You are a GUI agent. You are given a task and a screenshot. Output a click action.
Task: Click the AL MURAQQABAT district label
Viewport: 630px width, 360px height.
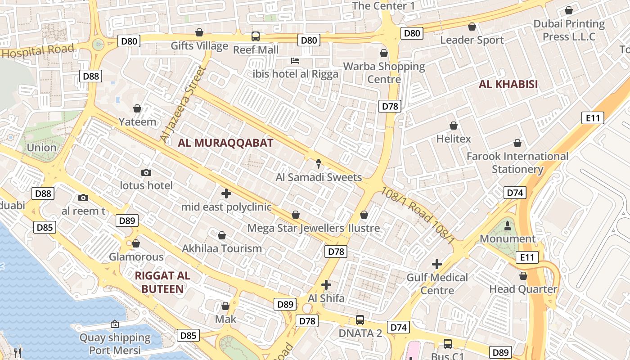225,143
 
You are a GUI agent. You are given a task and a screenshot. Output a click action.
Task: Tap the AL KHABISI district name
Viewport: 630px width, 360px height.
508,84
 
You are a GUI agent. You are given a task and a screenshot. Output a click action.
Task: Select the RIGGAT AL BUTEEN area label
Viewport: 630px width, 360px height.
162,283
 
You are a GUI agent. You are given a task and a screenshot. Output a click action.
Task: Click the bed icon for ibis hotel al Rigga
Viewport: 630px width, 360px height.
295,60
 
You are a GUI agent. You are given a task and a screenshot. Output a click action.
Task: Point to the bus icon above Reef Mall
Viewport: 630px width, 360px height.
256,36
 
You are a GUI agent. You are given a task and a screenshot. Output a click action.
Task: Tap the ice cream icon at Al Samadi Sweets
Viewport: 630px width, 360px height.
319,163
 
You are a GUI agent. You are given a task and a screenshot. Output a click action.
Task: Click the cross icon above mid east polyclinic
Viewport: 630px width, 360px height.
226,193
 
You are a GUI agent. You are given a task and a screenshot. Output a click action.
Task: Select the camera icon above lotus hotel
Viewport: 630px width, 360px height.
146,172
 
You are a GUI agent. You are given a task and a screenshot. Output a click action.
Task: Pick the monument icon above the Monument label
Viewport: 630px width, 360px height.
508,225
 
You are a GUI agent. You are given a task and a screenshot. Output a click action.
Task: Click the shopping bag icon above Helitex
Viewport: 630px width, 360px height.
454,126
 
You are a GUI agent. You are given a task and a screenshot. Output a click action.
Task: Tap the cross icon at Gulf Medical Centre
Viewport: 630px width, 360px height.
437,264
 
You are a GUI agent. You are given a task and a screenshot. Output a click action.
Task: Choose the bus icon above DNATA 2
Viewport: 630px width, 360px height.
360,319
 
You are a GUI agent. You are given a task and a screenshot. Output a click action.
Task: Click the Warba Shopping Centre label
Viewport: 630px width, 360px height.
384,73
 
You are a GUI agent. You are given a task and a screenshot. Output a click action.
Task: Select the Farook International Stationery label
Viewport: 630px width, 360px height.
517,163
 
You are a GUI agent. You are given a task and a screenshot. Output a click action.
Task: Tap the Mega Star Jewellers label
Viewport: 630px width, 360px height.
296,228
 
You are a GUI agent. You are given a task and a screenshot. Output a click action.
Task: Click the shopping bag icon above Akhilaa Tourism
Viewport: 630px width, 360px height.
222,235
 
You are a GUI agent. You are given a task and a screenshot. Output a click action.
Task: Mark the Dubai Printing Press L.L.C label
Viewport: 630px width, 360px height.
569,30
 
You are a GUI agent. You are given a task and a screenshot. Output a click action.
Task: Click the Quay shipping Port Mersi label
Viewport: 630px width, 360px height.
115,344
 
